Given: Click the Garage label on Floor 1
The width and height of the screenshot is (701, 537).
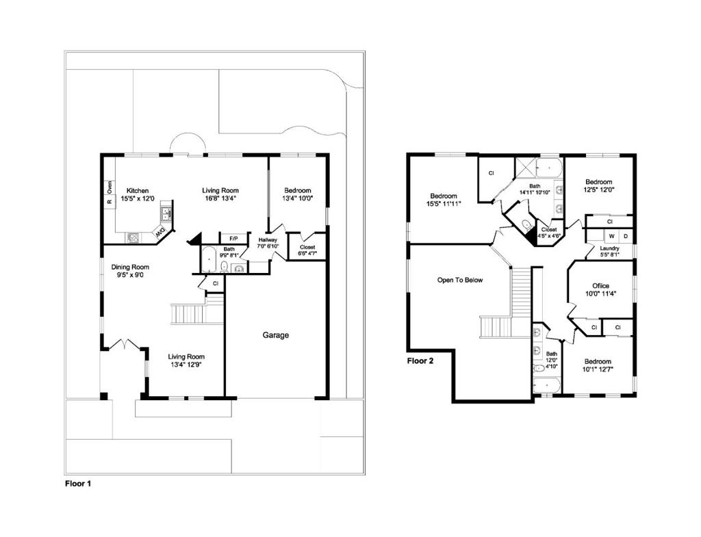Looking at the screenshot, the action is pyautogui.click(x=275, y=335).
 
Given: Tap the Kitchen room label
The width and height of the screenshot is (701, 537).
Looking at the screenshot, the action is pyautogui.click(x=137, y=191).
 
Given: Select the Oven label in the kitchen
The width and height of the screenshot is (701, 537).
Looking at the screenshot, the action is pyautogui.click(x=110, y=186).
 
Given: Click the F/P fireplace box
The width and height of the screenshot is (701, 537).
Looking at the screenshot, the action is pyautogui.click(x=233, y=239).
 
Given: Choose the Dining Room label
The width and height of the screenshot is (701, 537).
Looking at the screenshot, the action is pyautogui.click(x=130, y=267).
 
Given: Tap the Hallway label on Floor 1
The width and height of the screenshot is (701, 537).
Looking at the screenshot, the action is pyautogui.click(x=268, y=240).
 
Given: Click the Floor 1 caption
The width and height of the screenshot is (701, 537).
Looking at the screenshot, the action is pyautogui.click(x=78, y=484).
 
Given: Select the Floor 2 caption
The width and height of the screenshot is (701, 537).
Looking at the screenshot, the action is pyautogui.click(x=420, y=361).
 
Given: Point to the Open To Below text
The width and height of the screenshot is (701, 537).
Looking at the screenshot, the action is pyautogui.click(x=460, y=280).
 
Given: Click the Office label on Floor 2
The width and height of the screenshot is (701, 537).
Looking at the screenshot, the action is pyautogui.click(x=600, y=286).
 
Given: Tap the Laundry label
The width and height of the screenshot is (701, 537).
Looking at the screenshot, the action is pyautogui.click(x=609, y=248).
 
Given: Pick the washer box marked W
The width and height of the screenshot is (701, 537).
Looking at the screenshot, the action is pyautogui.click(x=611, y=236).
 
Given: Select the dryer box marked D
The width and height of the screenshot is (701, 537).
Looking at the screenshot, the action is pyautogui.click(x=626, y=236).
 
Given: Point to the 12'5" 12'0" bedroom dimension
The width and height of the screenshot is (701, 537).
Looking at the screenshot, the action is pyautogui.click(x=599, y=189).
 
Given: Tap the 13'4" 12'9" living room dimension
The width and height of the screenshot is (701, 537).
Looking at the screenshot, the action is pyautogui.click(x=186, y=364).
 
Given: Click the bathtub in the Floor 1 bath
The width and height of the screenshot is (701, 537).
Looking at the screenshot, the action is pyautogui.click(x=209, y=259).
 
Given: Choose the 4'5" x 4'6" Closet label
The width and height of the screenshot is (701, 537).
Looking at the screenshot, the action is pyautogui.click(x=549, y=233).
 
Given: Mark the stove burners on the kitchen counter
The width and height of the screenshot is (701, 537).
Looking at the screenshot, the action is pyautogui.click(x=133, y=237).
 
